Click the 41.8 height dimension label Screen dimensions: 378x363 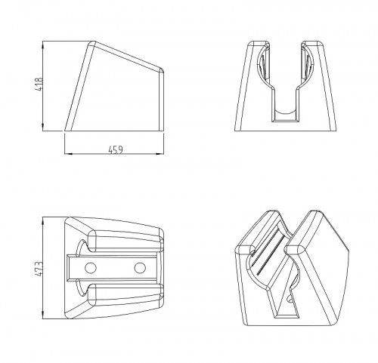40,85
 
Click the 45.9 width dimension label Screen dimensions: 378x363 116,150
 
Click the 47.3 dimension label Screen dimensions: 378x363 40,269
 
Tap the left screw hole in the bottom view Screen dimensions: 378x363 91,268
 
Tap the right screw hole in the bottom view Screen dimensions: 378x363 140,268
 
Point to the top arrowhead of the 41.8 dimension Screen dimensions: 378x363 43,45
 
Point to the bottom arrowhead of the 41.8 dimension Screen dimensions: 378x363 43,128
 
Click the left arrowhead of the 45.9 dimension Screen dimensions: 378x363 68,153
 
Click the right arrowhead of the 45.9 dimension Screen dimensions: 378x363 160,153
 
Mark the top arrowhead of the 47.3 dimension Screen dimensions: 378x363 43,220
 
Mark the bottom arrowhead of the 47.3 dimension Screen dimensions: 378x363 43,315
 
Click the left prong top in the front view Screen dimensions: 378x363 259,44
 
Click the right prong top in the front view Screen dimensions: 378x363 312,44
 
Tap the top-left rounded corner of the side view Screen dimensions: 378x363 91,43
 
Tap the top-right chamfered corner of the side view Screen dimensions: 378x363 162,70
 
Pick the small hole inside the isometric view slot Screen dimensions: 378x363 290,299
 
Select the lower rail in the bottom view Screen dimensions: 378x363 125,296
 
